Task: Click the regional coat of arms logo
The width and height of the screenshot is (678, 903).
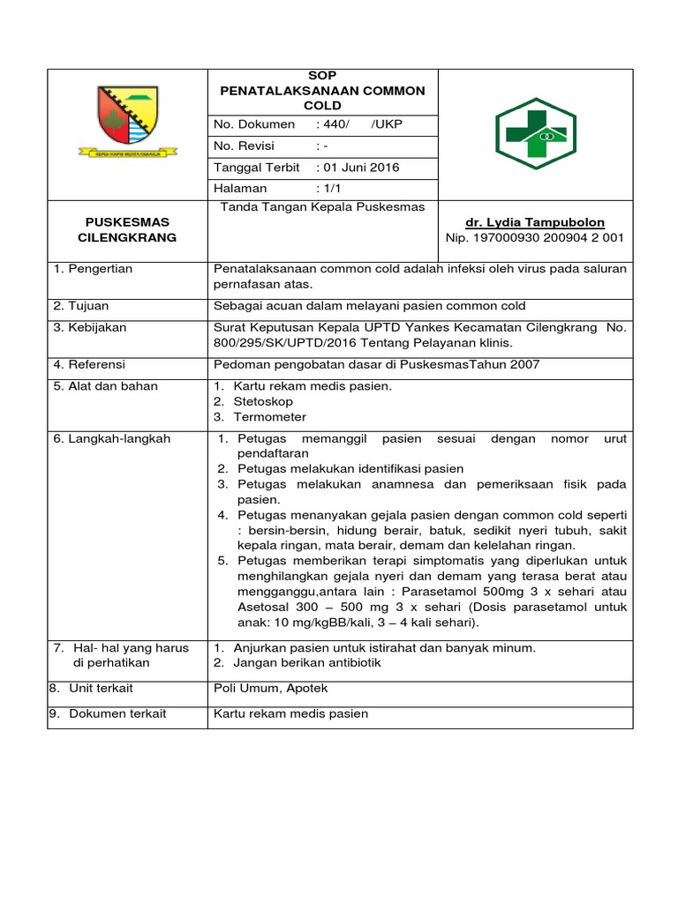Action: coord(127,120)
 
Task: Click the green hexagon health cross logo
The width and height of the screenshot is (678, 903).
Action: coord(536,133)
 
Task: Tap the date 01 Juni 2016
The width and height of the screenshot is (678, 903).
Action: coord(360,168)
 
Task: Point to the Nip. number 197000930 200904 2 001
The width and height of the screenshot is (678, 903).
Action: coord(535,238)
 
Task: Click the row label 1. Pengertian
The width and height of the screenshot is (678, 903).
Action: coord(93,269)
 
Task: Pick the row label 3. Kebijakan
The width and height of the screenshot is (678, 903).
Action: coord(89,328)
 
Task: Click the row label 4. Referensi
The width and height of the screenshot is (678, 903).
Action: coord(89,364)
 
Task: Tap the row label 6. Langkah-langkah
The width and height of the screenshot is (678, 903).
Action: coord(111,438)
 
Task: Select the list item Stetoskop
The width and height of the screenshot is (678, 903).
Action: coord(263,401)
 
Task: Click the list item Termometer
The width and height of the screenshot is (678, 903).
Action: coord(269,417)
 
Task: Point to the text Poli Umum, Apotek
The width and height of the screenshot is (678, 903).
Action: coord(267,688)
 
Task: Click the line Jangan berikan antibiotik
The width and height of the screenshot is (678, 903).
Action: coord(307,662)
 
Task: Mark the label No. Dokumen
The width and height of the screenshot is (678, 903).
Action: coord(254,124)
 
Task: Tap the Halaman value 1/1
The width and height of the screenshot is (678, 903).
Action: coord(332,189)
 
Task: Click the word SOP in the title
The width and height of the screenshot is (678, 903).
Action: coord(321,76)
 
